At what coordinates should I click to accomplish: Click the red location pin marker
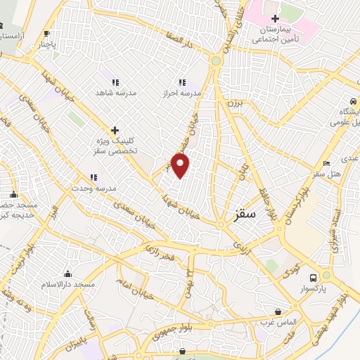pyautogui.click(x=181, y=166)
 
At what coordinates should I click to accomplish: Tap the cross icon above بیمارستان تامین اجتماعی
pyautogui.click(x=275, y=18)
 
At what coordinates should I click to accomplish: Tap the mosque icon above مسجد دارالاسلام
pyautogui.click(x=67, y=274)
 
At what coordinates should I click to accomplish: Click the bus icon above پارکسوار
pyautogui.click(x=326, y=277)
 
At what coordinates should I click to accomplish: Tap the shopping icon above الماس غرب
pyautogui.click(x=279, y=311)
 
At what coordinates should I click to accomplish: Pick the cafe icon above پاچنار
pyautogui.click(x=46, y=33)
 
